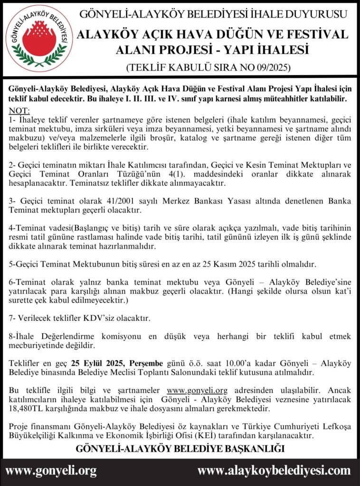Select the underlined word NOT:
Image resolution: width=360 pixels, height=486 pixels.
(x=19, y=111)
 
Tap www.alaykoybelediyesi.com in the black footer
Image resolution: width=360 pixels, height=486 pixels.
(x=274, y=471)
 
